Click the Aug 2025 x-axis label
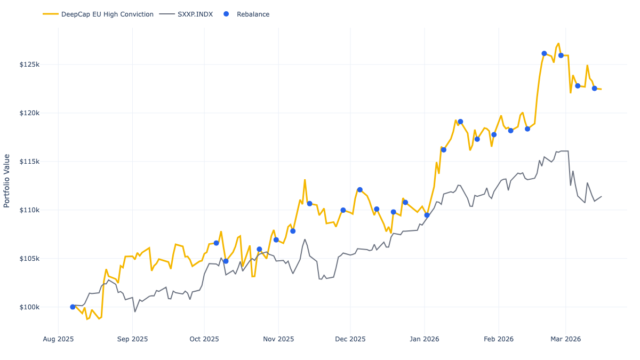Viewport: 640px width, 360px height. (x=58, y=339)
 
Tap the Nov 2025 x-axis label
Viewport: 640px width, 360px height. (x=278, y=339)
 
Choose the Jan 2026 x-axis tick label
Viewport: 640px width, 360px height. (x=425, y=339)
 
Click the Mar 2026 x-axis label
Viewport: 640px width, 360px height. (x=565, y=339)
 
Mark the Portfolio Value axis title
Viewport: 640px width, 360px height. (x=7, y=181)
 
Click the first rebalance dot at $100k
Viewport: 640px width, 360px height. (x=73, y=307)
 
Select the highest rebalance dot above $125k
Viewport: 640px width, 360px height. (x=544, y=53)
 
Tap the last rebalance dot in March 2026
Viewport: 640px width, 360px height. (x=594, y=88)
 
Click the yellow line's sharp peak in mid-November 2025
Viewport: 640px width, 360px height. (x=305, y=180)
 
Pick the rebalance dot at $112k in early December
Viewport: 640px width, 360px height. (x=359, y=190)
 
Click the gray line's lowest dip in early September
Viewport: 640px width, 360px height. (x=135, y=311)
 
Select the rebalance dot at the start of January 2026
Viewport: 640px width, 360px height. (x=427, y=215)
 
